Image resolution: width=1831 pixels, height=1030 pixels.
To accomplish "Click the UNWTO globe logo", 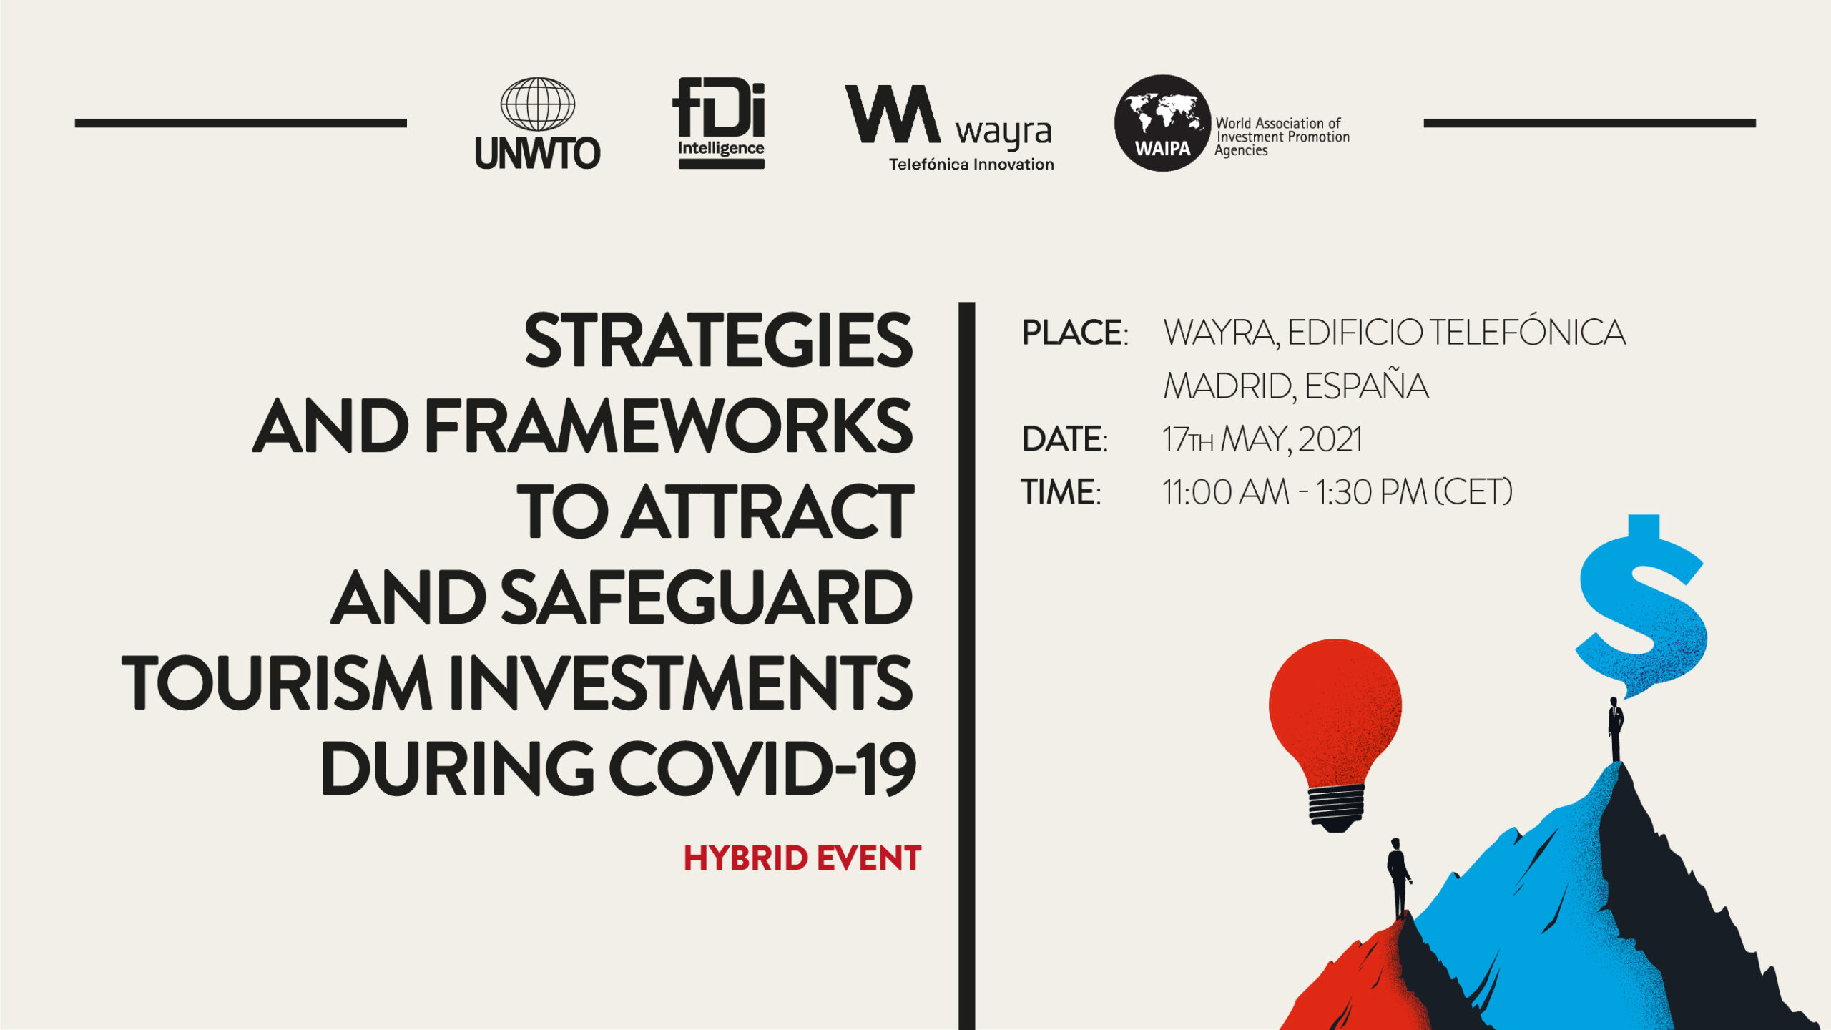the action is tap(538, 124).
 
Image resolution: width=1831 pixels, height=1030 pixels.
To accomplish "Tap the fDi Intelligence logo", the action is tap(720, 123).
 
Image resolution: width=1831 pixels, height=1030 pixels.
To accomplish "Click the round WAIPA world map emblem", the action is tap(1162, 123).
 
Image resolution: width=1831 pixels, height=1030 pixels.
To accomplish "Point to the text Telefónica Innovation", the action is tap(971, 165).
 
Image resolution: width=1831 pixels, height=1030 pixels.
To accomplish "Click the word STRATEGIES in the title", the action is tap(718, 340).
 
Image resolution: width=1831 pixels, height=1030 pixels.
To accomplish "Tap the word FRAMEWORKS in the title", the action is tap(669, 426).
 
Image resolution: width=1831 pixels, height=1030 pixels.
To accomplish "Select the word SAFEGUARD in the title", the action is tap(706, 598).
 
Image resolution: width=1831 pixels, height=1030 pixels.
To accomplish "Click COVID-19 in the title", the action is tap(762, 769).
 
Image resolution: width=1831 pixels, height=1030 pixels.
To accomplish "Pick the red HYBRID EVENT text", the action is tap(802, 858).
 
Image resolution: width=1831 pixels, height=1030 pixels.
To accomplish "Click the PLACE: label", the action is tap(1075, 333).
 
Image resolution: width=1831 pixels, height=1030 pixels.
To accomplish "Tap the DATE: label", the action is tap(1065, 439).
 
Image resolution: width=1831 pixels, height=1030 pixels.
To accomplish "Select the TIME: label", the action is tap(1061, 492).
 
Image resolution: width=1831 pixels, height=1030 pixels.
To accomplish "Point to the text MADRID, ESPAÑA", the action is tap(1296, 386).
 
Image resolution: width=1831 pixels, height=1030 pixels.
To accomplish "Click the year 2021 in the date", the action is tap(1330, 439).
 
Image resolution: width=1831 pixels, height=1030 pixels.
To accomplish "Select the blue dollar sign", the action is tap(1641, 606).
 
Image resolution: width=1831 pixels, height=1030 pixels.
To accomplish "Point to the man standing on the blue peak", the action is tap(1616, 730).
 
